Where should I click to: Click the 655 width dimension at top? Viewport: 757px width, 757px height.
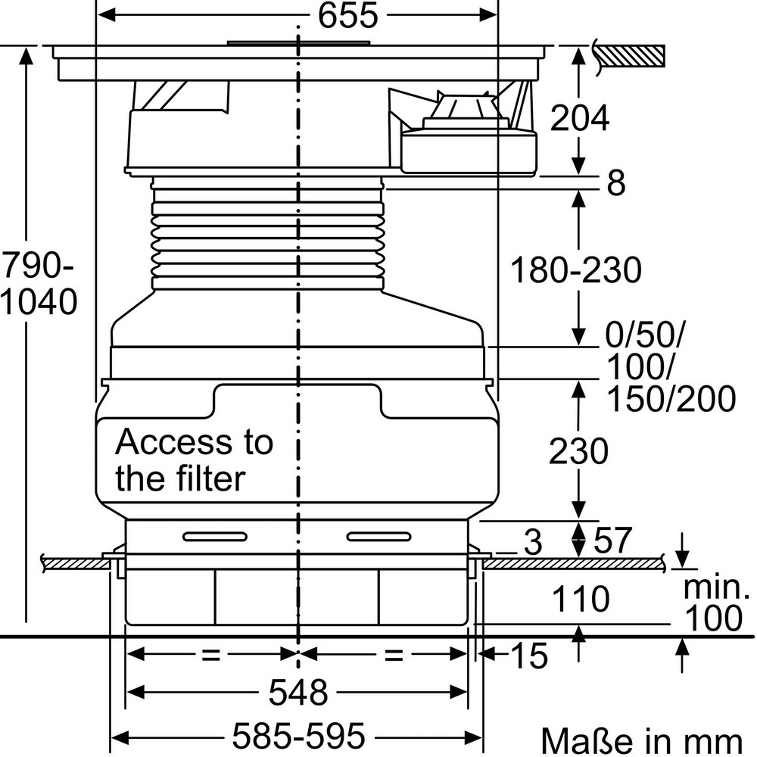point(347,15)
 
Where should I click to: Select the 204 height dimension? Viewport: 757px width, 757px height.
point(579,118)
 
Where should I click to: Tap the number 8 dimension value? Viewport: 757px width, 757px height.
point(616,182)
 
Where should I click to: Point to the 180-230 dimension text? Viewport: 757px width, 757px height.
point(575,270)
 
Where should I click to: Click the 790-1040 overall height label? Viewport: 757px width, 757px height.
point(38,284)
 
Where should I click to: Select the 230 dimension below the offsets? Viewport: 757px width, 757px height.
point(578,451)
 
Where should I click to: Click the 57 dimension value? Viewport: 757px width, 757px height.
point(612,540)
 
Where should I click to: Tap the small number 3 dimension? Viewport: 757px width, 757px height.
point(533,543)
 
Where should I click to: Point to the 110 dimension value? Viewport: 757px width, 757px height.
point(581,599)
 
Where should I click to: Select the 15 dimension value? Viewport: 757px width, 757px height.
point(529,656)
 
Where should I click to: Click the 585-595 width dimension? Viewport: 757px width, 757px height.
point(298,736)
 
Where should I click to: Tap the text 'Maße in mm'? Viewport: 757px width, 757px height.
point(642,740)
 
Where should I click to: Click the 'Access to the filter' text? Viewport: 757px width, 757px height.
point(194,460)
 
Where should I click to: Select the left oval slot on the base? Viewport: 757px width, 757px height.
point(215,537)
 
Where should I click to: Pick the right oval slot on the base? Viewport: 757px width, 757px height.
point(379,537)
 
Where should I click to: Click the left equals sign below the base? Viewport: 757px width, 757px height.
point(211,655)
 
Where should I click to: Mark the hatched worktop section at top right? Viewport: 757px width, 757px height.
point(630,56)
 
